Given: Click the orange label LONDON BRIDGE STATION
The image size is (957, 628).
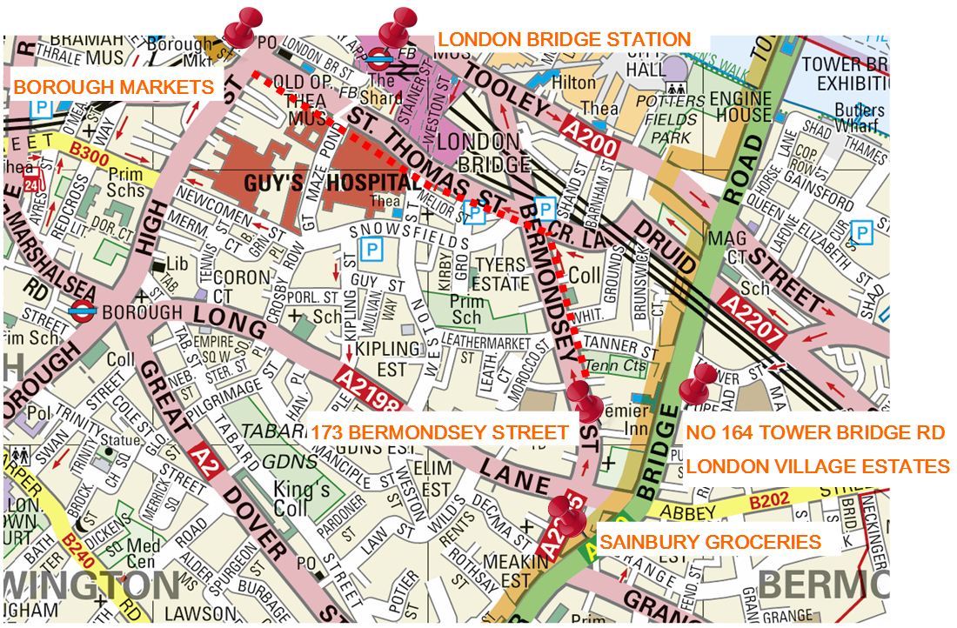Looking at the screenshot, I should pyautogui.click(x=563, y=40).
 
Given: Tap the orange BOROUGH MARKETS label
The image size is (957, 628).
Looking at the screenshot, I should pyautogui.click(x=113, y=87).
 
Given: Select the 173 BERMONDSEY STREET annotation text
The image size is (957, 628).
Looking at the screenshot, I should pyautogui.click(x=439, y=432).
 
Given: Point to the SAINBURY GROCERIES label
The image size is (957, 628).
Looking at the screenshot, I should pyautogui.click(x=709, y=542).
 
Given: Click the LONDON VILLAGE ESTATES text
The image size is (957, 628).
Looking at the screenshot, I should pyautogui.click(x=817, y=466).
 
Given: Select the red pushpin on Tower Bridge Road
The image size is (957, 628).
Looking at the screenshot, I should pyautogui.click(x=698, y=384).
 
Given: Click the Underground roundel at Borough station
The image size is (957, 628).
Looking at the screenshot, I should pyautogui.click(x=84, y=311).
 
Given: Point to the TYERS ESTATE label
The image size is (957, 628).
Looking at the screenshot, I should pyautogui.click(x=500, y=274).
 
